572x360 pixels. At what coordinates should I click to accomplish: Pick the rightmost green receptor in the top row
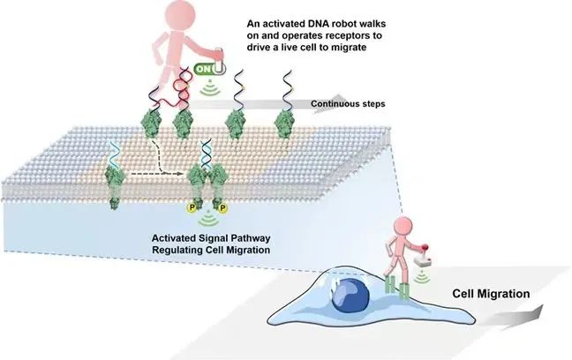[x=284, y=123]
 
